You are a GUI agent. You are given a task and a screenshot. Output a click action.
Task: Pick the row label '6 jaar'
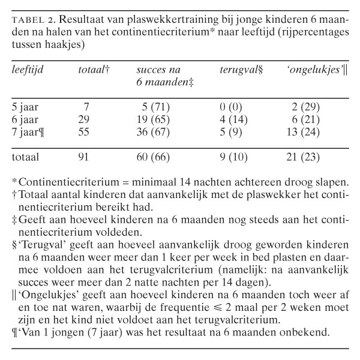point(26,119)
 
